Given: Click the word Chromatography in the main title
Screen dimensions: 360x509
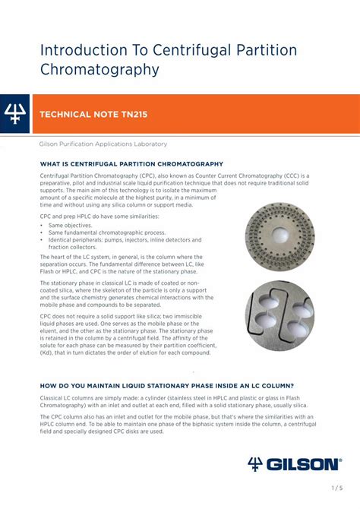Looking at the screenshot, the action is click(x=99, y=70).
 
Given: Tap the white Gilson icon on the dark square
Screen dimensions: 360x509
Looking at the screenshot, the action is click(x=15, y=114).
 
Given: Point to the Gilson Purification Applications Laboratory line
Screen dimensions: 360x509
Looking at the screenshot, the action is click(x=103, y=144).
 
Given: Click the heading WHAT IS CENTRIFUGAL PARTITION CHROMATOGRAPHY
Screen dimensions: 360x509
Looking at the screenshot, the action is click(x=131, y=164).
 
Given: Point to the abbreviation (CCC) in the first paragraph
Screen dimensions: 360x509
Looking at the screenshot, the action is click(x=283, y=175).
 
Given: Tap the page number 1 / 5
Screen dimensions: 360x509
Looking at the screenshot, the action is click(x=337, y=488).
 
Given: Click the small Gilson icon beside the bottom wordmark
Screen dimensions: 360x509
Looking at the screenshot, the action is click(x=255, y=463).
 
